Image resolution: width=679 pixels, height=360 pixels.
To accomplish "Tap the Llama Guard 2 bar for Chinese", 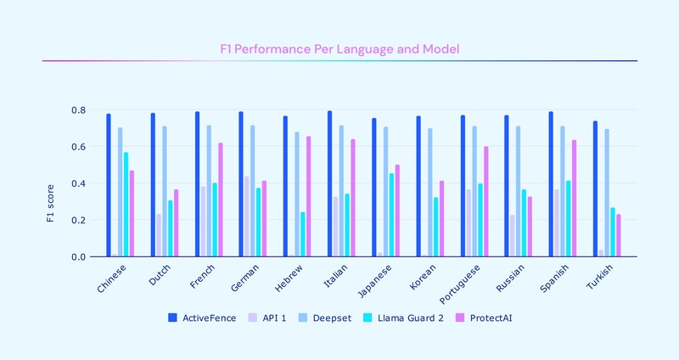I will point(126,205).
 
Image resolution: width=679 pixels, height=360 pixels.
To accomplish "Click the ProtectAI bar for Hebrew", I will point(309,196).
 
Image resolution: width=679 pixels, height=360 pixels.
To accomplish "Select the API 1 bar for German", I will point(247,217).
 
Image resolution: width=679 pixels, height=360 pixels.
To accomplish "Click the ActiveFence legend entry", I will point(202,318).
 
